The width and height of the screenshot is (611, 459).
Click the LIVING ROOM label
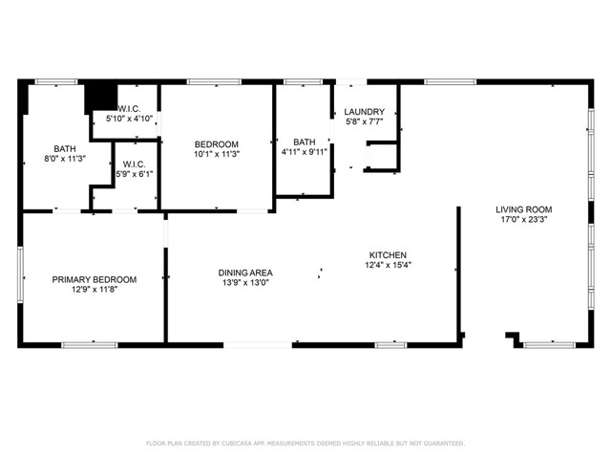[524, 209]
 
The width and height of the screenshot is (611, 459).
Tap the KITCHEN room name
[388, 255]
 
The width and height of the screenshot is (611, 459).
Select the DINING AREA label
[245, 273]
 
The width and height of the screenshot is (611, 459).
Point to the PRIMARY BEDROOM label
[95, 279]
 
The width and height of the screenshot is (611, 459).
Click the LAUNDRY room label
[365, 112]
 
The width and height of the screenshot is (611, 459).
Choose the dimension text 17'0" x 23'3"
[524, 219]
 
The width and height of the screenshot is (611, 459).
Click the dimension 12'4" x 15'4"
[389, 265]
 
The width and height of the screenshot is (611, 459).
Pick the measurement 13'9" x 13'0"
[245, 283]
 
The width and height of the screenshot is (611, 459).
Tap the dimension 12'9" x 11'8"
[95, 289]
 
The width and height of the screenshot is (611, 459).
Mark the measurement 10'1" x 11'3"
[217, 154]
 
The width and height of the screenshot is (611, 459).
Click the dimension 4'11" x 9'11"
[305, 152]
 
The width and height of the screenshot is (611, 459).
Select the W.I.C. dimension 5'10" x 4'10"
[129, 119]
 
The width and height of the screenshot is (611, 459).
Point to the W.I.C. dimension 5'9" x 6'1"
[134, 174]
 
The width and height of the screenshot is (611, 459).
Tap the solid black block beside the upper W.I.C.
[101, 98]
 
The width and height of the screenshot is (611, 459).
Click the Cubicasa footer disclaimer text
[305, 444]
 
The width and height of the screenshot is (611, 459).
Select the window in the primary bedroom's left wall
[20, 274]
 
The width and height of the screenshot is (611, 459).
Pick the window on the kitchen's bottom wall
[390, 345]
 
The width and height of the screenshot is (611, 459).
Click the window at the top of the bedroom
[214, 82]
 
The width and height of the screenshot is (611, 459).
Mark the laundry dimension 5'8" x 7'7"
[365, 121]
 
